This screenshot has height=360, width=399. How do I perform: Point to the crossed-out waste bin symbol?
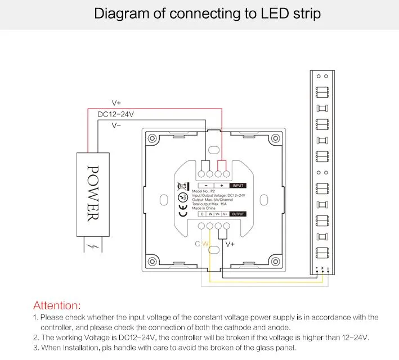click(182, 186)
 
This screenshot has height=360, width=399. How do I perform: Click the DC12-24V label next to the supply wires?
click(116, 114)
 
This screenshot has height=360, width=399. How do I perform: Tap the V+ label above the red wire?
click(116, 103)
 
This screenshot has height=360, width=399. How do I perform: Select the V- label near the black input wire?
click(116, 125)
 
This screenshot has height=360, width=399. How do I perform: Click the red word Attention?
click(57, 305)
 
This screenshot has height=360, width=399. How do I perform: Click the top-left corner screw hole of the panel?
click(151, 138)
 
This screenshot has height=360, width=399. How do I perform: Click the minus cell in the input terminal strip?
click(207, 185)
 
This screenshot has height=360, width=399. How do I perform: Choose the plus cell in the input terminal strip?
click(221, 185)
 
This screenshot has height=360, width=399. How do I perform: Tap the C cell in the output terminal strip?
click(201, 214)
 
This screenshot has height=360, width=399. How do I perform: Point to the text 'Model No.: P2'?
click(203, 191)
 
